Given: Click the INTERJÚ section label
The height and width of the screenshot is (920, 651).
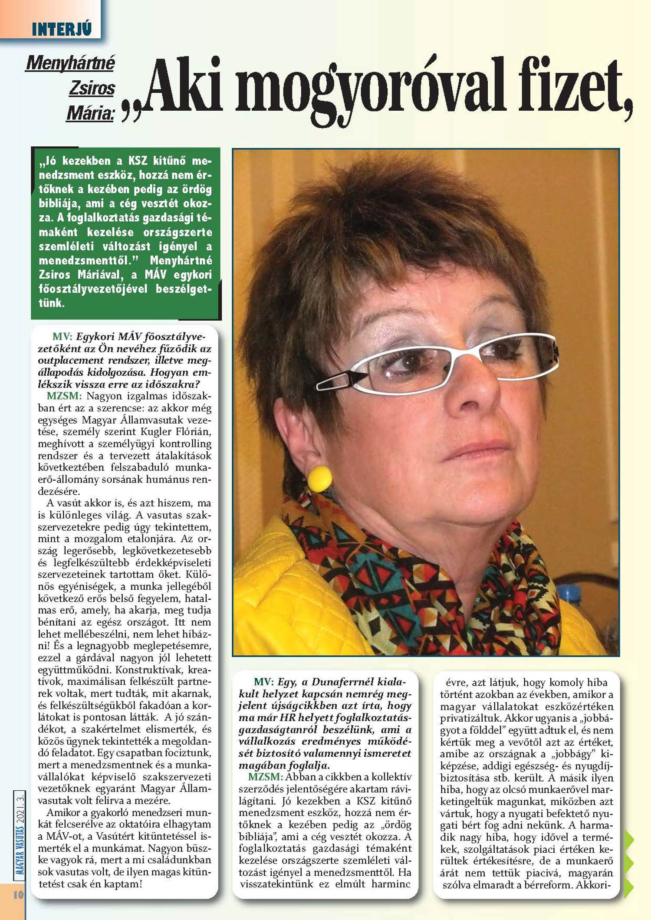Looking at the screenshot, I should coord(62,30).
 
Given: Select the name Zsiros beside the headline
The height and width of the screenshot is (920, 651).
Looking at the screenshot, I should coord(92,88).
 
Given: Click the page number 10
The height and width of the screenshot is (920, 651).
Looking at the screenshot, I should coord(18,894).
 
